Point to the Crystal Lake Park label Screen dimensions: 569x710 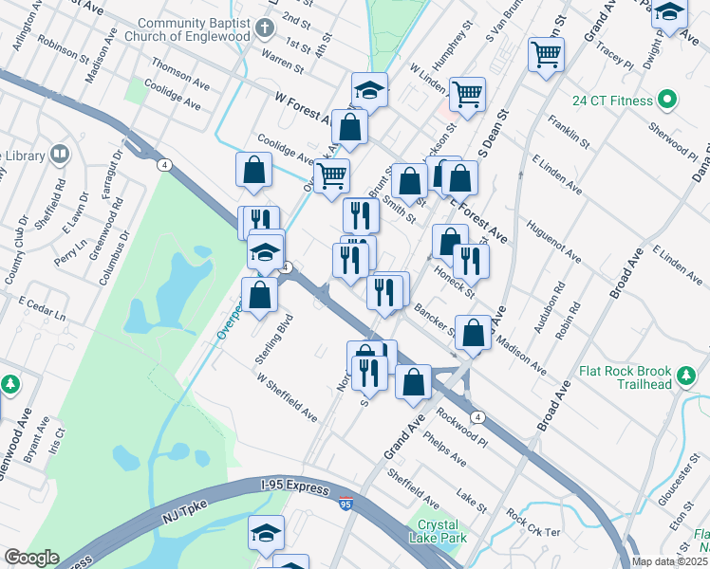pos(438,531)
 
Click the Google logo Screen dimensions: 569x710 pos(30,558)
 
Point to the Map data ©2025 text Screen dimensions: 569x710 pos(670,561)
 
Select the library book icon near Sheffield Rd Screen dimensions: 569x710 pos(59,154)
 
